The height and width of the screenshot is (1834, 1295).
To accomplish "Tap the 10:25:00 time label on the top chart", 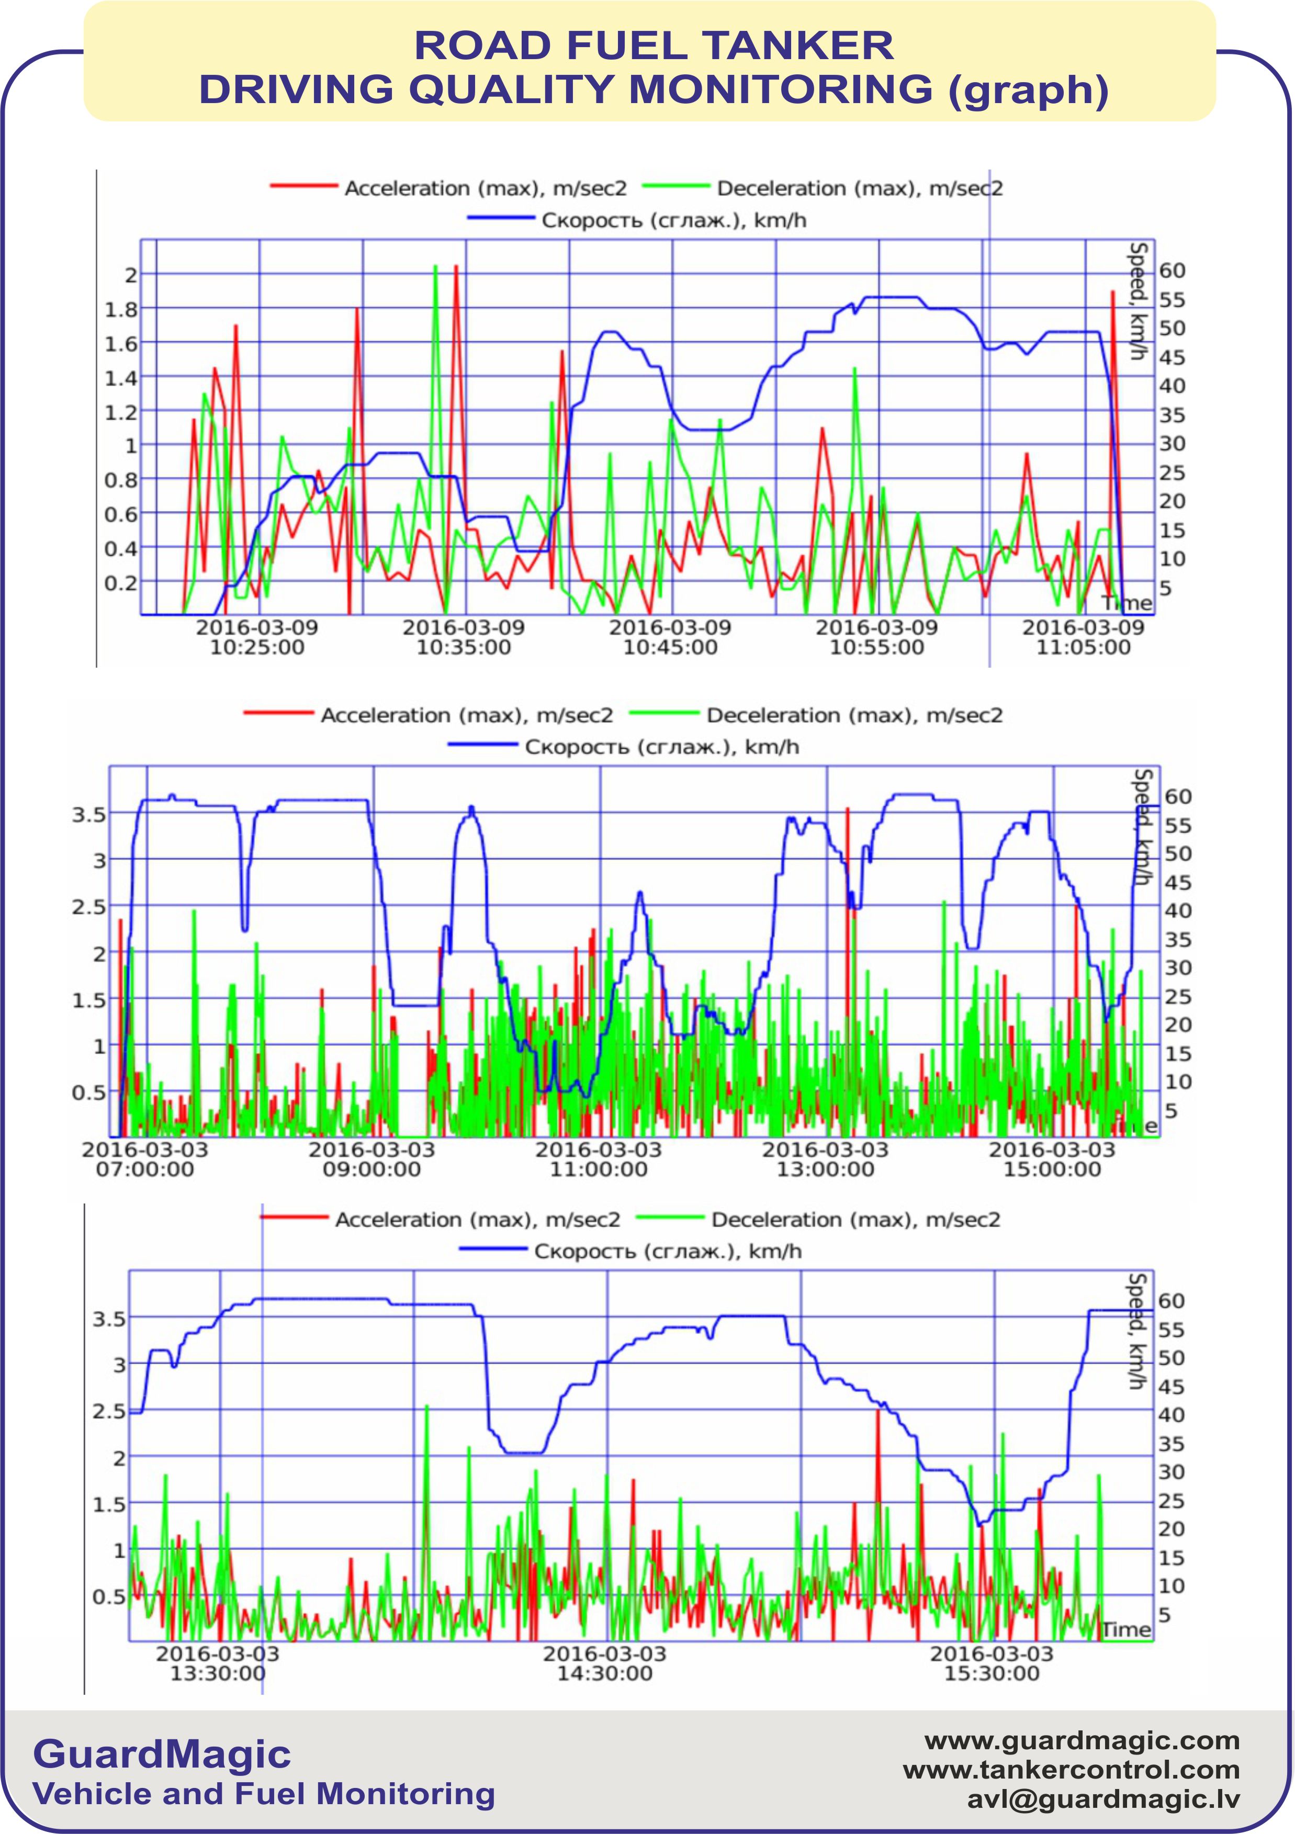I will click(257, 647).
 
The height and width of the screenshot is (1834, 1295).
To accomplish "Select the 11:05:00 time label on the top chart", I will click(1083, 647).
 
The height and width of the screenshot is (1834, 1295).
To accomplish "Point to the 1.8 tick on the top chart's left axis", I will click(121, 309).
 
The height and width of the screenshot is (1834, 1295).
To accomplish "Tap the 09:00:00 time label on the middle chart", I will click(371, 1169).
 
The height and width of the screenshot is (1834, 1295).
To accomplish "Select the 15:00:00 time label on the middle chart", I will click(1052, 1169).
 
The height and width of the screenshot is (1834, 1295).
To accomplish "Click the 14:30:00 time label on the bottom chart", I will click(605, 1673).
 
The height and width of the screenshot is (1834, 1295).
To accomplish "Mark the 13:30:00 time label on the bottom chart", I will click(217, 1673).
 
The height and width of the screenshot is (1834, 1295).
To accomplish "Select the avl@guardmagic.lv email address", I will click(1103, 1799).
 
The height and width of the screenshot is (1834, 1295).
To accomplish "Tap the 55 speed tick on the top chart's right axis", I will click(1172, 299).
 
